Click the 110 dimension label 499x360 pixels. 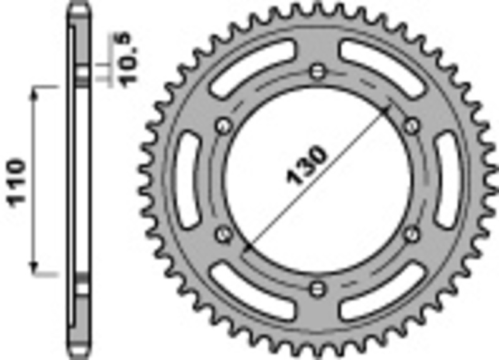[17, 182]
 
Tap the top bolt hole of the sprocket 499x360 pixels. [319, 69]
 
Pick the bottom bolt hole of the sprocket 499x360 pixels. [319, 288]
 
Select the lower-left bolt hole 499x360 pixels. [223, 233]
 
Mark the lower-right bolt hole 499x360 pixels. [411, 233]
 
